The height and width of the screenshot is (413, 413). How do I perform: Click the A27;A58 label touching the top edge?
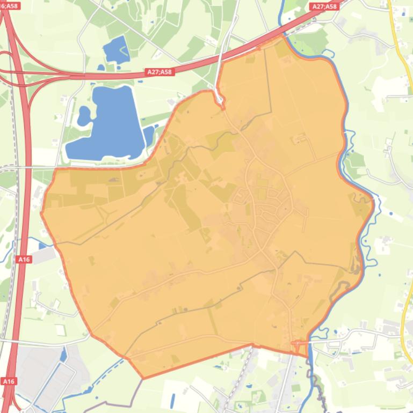(x=324, y=6)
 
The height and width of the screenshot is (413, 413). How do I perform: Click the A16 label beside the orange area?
(x=24, y=259)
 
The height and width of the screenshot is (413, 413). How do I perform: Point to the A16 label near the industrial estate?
(x=9, y=381)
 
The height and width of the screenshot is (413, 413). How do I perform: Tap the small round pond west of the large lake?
(x=84, y=114)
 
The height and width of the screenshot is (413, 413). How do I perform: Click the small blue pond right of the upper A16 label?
(x=42, y=245)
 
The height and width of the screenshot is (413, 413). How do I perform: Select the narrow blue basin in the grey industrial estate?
(x=64, y=355)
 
